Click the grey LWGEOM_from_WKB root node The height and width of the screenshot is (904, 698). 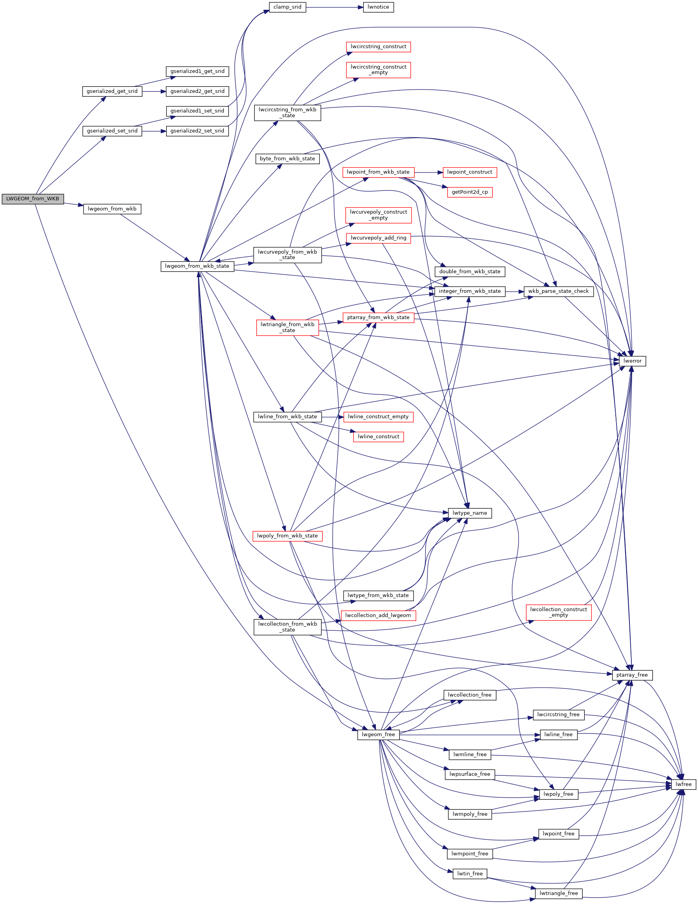(33, 199)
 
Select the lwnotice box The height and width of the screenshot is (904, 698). (378, 7)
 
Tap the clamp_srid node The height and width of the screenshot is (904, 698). (288, 7)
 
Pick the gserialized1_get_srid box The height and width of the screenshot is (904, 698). (198, 71)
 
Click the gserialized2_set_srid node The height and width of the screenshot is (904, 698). (198, 131)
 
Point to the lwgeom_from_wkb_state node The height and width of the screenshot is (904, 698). (198, 266)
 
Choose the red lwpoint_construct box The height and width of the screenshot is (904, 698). (470, 172)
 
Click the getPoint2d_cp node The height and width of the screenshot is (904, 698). (470, 192)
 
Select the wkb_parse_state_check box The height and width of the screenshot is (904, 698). (558, 291)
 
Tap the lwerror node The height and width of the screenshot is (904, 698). (632, 361)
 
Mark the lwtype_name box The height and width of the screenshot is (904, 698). (470, 513)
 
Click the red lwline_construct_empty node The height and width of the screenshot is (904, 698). (378, 417)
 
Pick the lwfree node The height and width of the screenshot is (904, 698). (683, 784)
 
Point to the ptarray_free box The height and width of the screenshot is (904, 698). (632, 675)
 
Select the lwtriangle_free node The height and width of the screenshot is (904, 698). (558, 894)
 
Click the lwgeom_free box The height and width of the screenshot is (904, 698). (378, 735)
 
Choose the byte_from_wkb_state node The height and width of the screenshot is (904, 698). (288, 159)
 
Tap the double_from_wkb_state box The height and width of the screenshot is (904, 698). (470, 272)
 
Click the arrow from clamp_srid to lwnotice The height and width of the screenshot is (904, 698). (335, 7)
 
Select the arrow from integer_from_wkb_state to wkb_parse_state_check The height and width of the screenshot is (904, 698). (514, 291)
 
